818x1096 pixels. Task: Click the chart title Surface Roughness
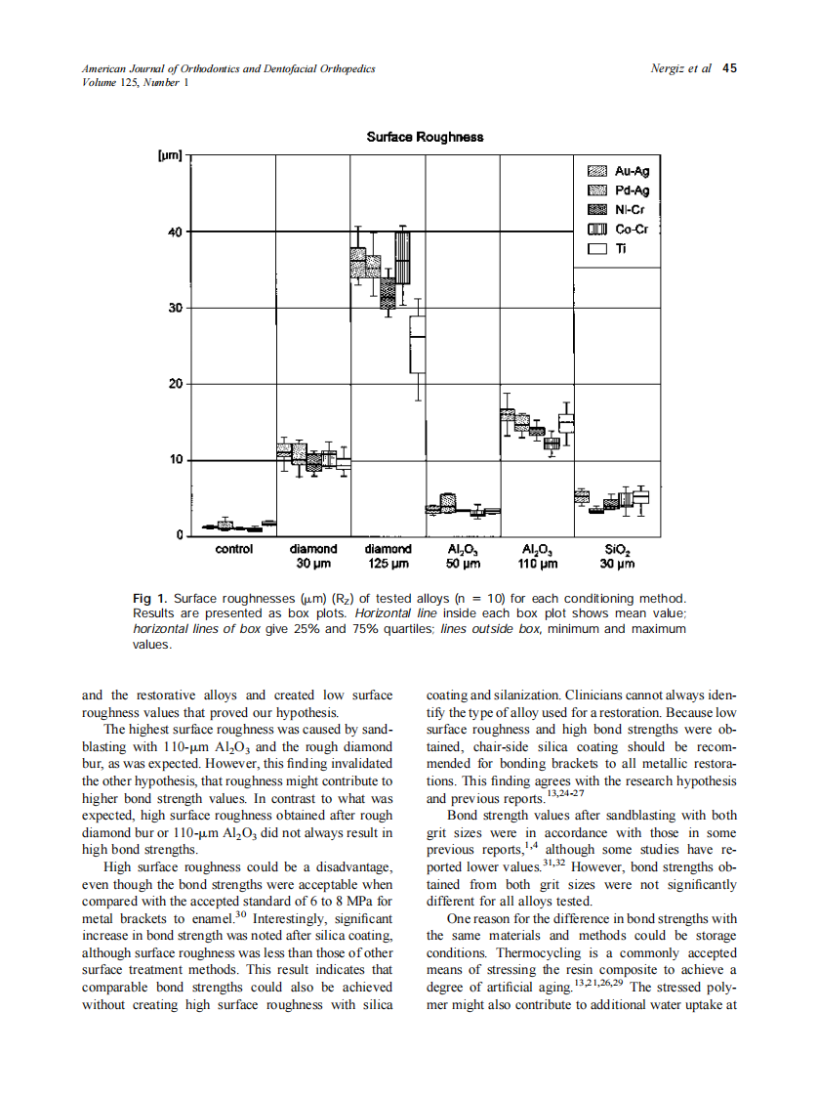(425, 137)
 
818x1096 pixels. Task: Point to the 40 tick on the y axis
(175, 232)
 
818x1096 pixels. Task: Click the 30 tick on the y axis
(175, 309)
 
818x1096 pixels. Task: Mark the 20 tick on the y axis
(175, 384)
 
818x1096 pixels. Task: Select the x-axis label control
(233, 549)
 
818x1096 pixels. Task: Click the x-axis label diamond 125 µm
(388, 556)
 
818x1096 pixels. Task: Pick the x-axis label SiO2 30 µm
(617, 556)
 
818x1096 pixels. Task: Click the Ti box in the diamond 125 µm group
(418, 344)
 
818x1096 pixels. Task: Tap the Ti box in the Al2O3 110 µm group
(566, 423)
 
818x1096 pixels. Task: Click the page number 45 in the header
(729, 68)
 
